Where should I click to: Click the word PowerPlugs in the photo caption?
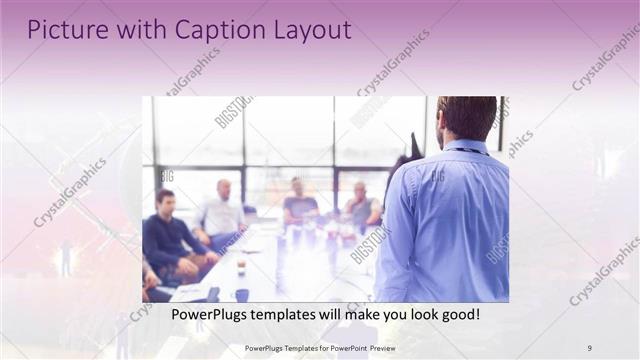click(208, 314)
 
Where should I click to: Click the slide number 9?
click(589, 347)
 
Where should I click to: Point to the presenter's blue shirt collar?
click(461, 148)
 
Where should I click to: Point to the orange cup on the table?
click(241, 265)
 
